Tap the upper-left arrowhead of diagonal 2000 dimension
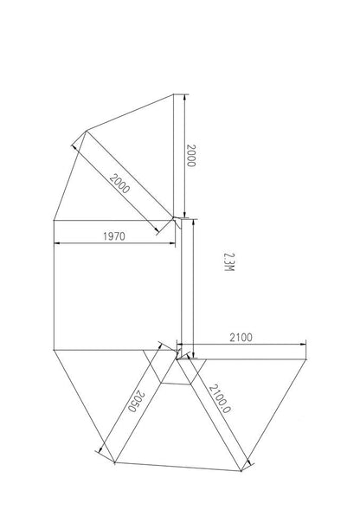(76, 145)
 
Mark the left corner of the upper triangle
(85, 132)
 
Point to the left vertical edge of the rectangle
(54, 286)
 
